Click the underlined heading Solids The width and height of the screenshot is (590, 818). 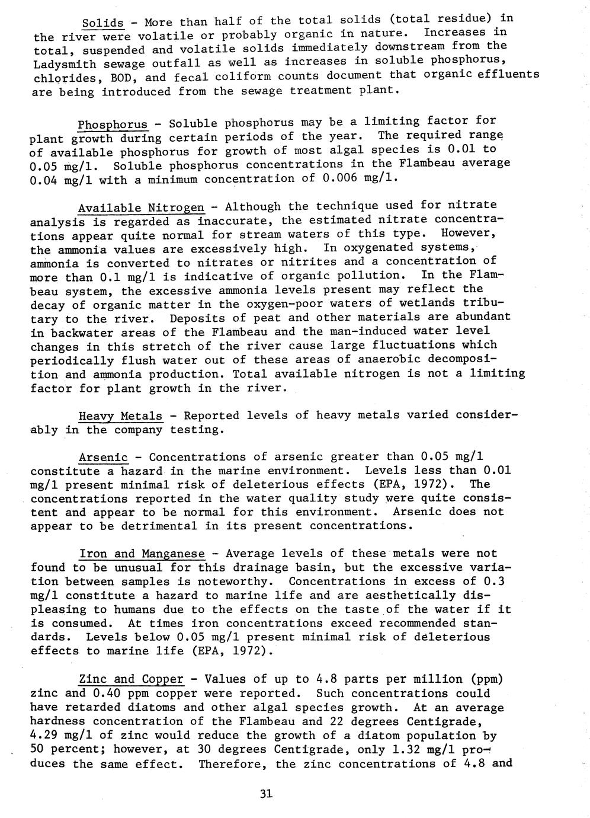click(102, 23)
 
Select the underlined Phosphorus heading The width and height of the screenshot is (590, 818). click(113, 124)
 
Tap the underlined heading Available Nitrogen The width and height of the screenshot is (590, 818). click(141, 207)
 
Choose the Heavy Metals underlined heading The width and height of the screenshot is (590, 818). click(121, 416)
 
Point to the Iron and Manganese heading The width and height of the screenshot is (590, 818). click(142, 554)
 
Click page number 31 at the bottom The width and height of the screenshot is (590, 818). click(266, 794)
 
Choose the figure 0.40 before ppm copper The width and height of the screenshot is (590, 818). click(107, 694)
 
